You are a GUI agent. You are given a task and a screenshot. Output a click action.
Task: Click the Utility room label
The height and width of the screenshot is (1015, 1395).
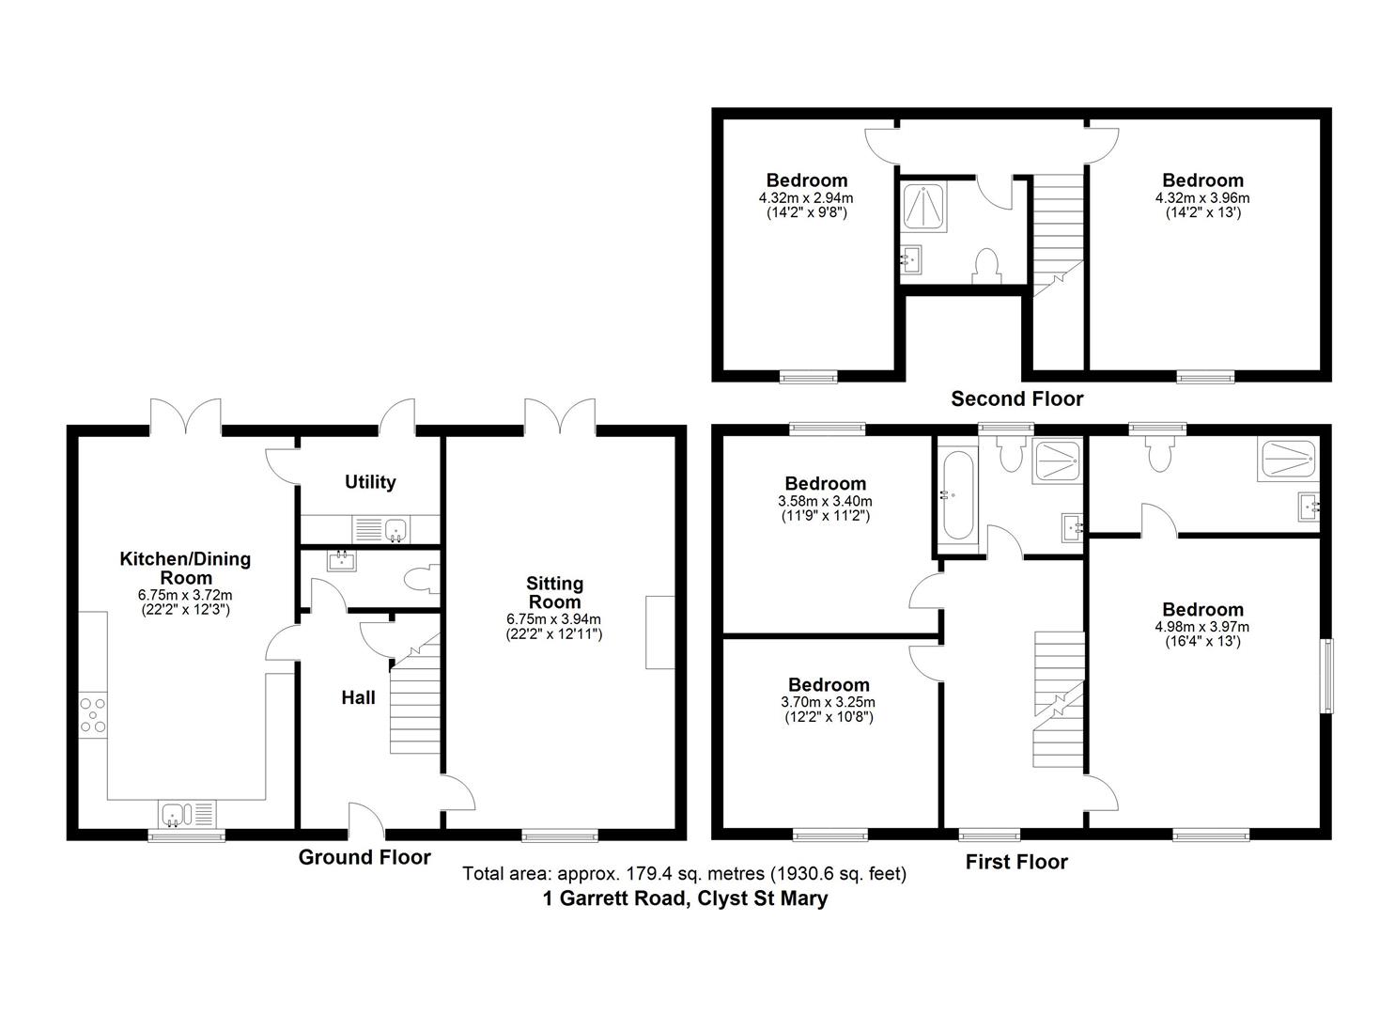[370, 482]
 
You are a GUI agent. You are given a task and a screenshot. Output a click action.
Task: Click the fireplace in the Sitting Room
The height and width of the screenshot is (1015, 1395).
[659, 632]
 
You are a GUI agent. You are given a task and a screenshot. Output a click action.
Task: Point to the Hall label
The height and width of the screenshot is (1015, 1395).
[358, 697]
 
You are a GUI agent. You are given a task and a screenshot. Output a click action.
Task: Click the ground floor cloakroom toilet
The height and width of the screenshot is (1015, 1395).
[422, 579]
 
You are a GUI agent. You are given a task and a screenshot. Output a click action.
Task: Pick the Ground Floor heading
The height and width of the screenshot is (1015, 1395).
[364, 857]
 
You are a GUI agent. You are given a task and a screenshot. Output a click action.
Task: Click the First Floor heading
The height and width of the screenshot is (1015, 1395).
[1016, 862]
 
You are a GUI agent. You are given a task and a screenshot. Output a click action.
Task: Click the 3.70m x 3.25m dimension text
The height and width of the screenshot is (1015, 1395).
[828, 702]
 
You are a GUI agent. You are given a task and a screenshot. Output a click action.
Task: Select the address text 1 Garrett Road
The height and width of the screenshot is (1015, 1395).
[685, 898]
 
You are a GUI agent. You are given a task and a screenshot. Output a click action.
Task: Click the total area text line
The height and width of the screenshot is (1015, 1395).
[684, 874]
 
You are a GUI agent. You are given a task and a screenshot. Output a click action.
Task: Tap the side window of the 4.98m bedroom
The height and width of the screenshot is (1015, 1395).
[1326, 676]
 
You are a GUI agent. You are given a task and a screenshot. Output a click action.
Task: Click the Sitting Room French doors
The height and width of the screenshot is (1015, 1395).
[561, 416]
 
